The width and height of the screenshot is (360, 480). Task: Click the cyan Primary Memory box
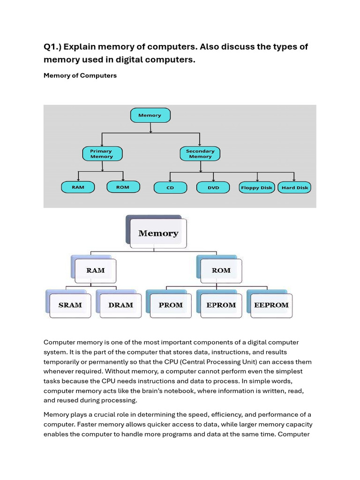pyautogui.click(x=102, y=154)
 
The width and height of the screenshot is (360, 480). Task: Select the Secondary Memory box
pyautogui.click(x=200, y=154)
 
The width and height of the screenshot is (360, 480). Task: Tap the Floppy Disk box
pyautogui.click(x=256, y=187)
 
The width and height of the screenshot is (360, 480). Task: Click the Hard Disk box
pyautogui.click(x=294, y=187)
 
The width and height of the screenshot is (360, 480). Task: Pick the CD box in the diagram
pyautogui.click(x=170, y=187)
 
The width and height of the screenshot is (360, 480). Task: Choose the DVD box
pyautogui.click(x=213, y=187)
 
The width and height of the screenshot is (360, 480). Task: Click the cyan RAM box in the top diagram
pyautogui.click(x=78, y=187)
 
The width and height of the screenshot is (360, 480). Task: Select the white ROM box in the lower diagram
pyautogui.click(x=221, y=271)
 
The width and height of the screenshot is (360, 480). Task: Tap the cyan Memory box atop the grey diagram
pyautogui.click(x=150, y=115)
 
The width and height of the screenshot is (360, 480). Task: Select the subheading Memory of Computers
pyautogui.click(x=80, y=75)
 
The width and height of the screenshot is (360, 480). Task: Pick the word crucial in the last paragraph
pyautogui.click(x=104, y=415)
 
